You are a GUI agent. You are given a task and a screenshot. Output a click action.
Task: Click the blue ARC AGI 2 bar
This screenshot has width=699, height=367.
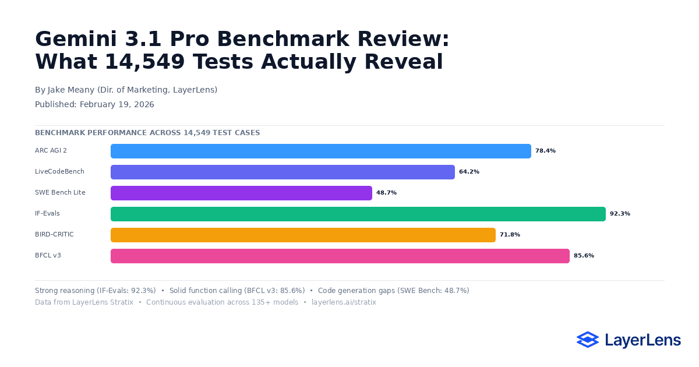pyautogui.click(x=320, y=151)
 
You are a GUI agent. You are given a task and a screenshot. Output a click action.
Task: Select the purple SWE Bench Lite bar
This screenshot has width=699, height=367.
pyautogui.click(x=241, y=193)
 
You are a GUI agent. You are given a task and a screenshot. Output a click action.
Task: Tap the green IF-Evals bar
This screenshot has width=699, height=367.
pyautogui.click(x=358, y=214)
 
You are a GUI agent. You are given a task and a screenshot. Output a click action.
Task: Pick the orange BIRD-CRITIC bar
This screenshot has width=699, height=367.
pyautogui.click(x=303, y=235)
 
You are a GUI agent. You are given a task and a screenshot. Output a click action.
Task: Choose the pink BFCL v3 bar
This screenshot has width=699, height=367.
pyautogui.click(x=340, y=256)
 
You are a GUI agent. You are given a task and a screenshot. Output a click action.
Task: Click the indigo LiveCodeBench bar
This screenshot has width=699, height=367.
pyautogui.click(x=283, y=172)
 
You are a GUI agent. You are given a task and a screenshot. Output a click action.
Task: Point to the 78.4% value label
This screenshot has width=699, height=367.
pyautogui.click(x=545, y=151)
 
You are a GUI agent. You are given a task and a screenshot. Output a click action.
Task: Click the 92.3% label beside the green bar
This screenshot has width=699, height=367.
pyautogui.click(x=620, y=214)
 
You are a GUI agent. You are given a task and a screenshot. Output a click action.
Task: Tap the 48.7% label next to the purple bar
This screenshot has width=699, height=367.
pyautogui.click(x=386, y=193)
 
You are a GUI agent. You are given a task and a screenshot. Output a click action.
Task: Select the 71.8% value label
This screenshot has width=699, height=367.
pyautogui.click(x=510, y=235)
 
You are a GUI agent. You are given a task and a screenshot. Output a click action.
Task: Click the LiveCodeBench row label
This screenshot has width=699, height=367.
pyautogui.click(x=59, y=172)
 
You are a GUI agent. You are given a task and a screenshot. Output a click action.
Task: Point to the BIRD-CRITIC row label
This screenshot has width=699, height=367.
pyautogui.click(x=54, y=235)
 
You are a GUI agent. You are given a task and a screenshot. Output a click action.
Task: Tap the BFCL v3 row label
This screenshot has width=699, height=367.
pyautogui.click(x=48, y=256)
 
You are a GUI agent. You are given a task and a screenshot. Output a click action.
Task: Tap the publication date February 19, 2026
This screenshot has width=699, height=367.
pyautogui.click(x=116, y=105)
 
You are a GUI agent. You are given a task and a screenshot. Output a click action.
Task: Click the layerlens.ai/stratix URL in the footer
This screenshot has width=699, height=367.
pyautogui.click(x=344, y=302)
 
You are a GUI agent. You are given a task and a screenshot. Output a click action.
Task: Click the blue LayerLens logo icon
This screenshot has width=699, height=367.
pyautogui.click(x=587, y=340)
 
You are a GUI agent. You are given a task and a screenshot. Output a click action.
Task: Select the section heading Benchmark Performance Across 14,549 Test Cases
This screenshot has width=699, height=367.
pyautogui.click(x=147, y=133)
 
